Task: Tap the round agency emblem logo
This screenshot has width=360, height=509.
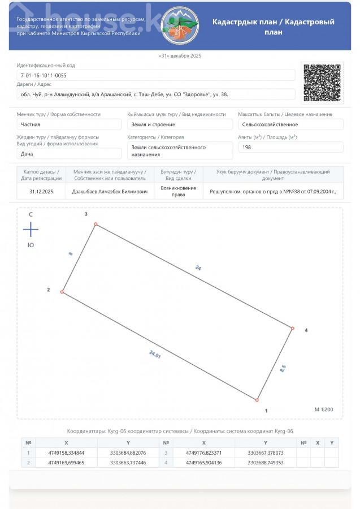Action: pyautogui.click(x=180, y=27)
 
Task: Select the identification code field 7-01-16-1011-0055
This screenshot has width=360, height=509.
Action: pyautogui.click(x=155, y=75)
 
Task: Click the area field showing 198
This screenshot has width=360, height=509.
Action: pyautogui.click(x=290, y=147)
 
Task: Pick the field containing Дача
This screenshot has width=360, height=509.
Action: pyautogui.click(x=69, y=153)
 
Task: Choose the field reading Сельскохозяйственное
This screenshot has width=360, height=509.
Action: pyautogui.click(x=290, y=124)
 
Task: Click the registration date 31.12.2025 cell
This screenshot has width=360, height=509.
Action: pyautogui.click(x=41, y=192)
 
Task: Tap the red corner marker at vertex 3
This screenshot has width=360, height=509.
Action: pyautogui.click(x=96, y=225)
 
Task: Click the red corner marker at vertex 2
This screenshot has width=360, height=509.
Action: pyautogui.click(x=62, y=292)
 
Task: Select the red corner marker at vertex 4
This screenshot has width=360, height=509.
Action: pyautogui.click(x=293, y=328)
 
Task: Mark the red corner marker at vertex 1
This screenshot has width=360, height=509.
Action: pyautogui.click(x=257, y=400)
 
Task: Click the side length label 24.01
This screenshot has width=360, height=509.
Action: pyautogui.click(x=155, y=355)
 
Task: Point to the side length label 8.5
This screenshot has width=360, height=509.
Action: pyautogui.click(x=283, y=368)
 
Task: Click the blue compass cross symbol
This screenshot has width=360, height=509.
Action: pyautogui.click(x=31, y=230)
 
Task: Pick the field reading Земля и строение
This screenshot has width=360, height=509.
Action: pyautogui.click(x=180, y=124)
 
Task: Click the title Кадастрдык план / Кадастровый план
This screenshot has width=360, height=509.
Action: pyautogui.click(x=273, y=27)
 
